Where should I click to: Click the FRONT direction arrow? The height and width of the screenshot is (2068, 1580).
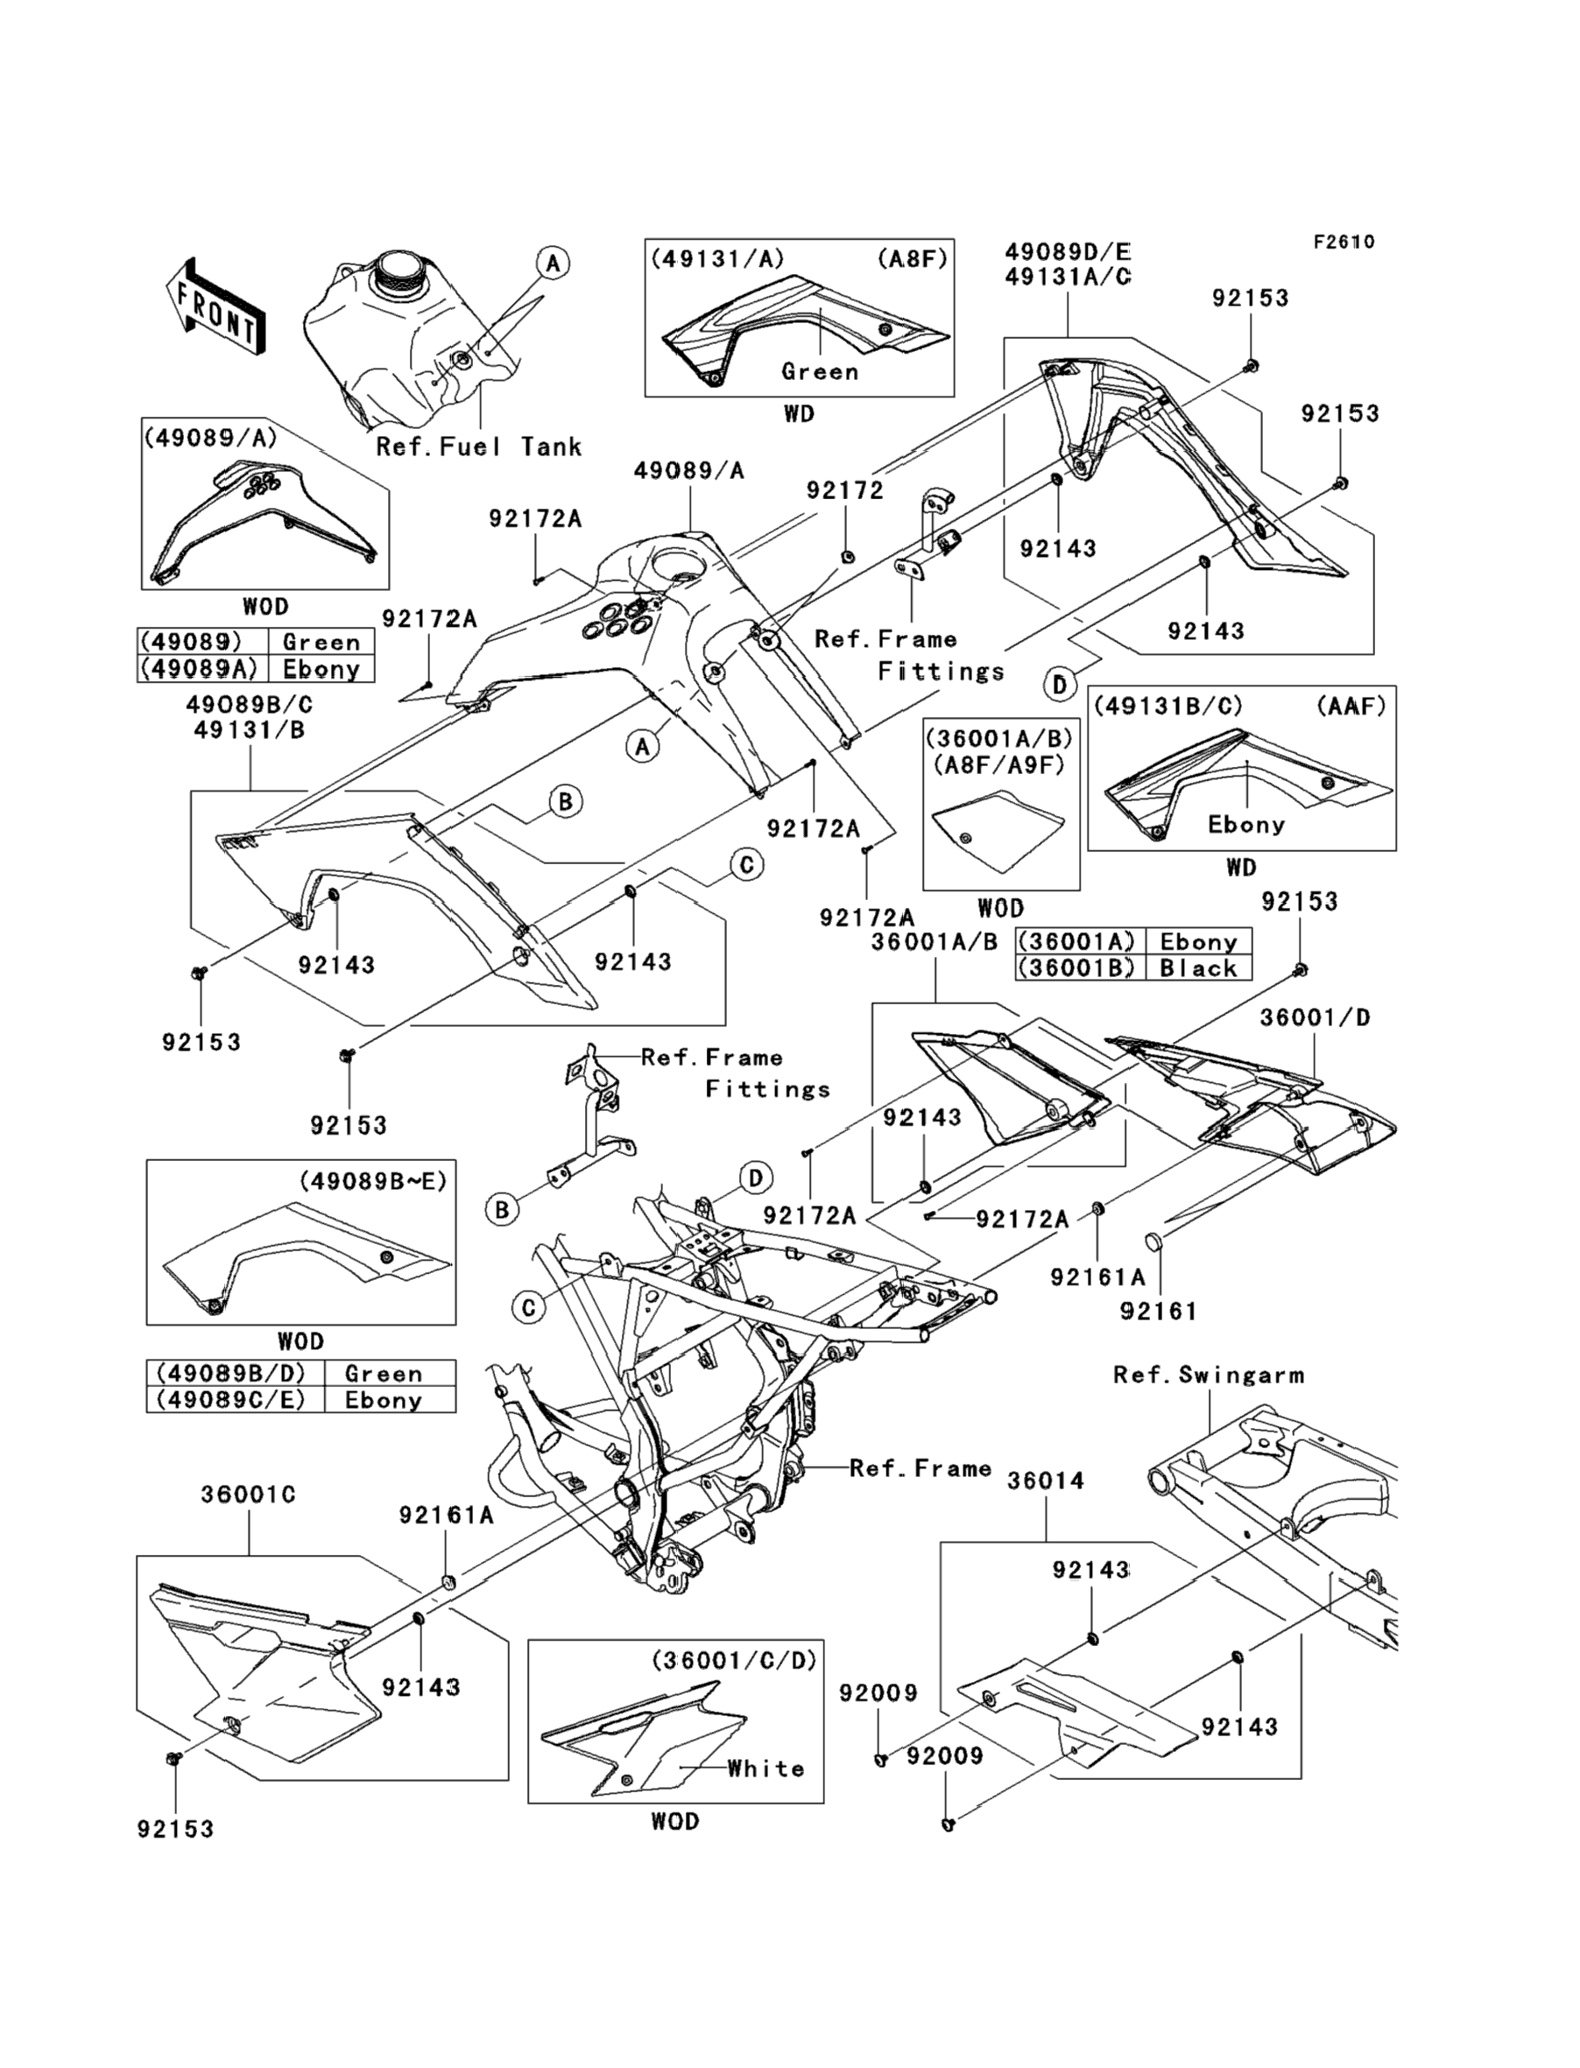pyautogui.click(x=214, y=306)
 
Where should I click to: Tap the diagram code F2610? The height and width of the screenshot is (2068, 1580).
pyautogui.click(x=1344, y=243)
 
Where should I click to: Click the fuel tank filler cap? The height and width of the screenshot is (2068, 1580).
pyautogui.click(x=397, y=272)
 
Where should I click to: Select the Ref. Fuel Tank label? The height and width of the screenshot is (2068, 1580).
pyautogui.click(x=479, y=447)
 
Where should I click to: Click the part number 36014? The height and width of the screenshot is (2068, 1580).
pyautogui.click(x=1046, y=1481)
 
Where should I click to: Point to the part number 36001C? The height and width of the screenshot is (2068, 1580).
pyautogui.click(x=248, y=1495)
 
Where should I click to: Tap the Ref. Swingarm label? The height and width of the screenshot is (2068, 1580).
pyautogui.click(x=1209, y=1375)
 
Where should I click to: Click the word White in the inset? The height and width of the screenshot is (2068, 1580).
pyautogui.click(x=765, y=1769)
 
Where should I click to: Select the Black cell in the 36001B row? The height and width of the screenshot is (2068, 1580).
pyautogui.click(x=1198, y=968)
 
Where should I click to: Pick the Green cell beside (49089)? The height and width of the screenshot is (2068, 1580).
pyautogui.click(x=321, y=642)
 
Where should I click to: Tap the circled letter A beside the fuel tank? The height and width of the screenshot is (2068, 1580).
pyautogui.click(x=553, y=264)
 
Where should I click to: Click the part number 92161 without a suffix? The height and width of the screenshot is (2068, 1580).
pyautogui.click(x=1159, y=1311)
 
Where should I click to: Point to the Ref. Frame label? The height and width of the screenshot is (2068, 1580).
pyautogui.click(x=920, y=1468)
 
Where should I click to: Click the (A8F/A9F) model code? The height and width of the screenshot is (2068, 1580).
pyautogui.click(x=998, y=765)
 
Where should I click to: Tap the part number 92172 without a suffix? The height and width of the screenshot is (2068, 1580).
pyautogui.click(x=844, y=489)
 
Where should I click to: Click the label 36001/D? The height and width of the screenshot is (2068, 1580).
pyautogui.click(x=1315, y=1017)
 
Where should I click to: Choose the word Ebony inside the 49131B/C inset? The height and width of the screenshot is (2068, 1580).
pyautogui.click(x=1246, y=825)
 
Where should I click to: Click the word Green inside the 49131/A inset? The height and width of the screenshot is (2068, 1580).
pyautogui.click(x=820, y=371)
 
